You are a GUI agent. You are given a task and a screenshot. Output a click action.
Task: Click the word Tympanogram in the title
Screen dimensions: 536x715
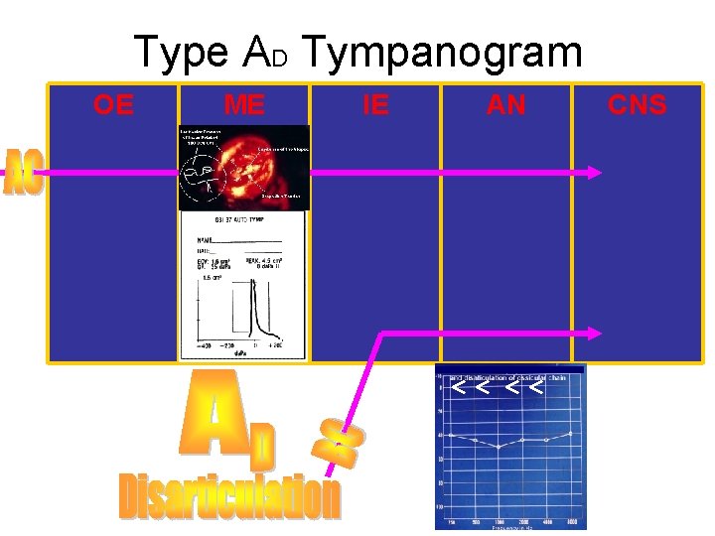[443, 52]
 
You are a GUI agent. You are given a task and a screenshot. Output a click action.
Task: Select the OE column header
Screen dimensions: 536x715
[113, 104]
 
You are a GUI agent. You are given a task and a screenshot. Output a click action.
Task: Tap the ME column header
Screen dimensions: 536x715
[244, 104]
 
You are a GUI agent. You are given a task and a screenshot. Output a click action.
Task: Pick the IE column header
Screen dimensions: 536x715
[375, 104]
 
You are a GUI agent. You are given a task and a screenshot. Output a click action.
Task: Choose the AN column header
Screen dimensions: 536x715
[506, 104]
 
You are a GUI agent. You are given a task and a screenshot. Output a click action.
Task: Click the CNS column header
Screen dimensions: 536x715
[638, 104]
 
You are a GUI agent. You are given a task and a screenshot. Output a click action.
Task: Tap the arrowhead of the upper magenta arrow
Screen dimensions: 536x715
[595, 173]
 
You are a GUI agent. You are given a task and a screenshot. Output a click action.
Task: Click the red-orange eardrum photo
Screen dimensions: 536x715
[243, 167]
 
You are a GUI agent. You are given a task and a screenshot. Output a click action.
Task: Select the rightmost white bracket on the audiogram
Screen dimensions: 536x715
[536, 386]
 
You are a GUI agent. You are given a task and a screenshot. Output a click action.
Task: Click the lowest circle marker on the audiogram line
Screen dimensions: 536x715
[500, 447]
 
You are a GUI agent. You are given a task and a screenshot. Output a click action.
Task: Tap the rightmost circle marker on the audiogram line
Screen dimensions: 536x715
[570, 434]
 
